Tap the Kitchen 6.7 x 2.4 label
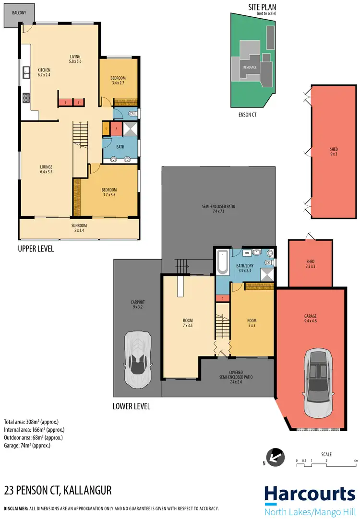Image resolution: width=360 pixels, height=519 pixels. (44, 72)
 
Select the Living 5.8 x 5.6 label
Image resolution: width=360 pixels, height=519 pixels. (74, 59)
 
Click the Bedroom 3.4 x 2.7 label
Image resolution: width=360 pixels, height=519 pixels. (118, 81)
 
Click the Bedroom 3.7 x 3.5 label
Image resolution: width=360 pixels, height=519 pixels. (109, 192)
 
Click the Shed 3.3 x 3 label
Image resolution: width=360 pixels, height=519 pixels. (310, 264)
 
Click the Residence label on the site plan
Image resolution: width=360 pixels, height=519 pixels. (250, 67)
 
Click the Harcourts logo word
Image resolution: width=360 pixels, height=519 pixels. (309, 493)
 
